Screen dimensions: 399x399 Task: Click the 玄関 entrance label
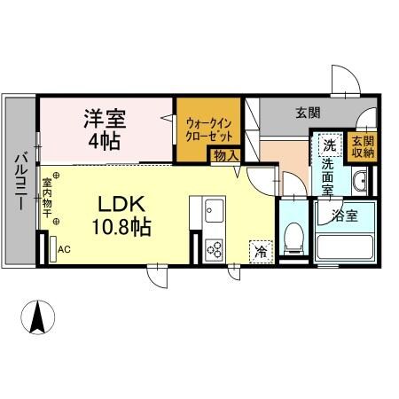pos(308,113)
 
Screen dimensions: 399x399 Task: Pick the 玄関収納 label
pos(362,148)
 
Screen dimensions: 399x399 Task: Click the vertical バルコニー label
pos(19,183)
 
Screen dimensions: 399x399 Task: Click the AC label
pos(64,249)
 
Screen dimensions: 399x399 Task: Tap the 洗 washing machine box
pos(328,145)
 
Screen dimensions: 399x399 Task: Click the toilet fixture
pos(292,236)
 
